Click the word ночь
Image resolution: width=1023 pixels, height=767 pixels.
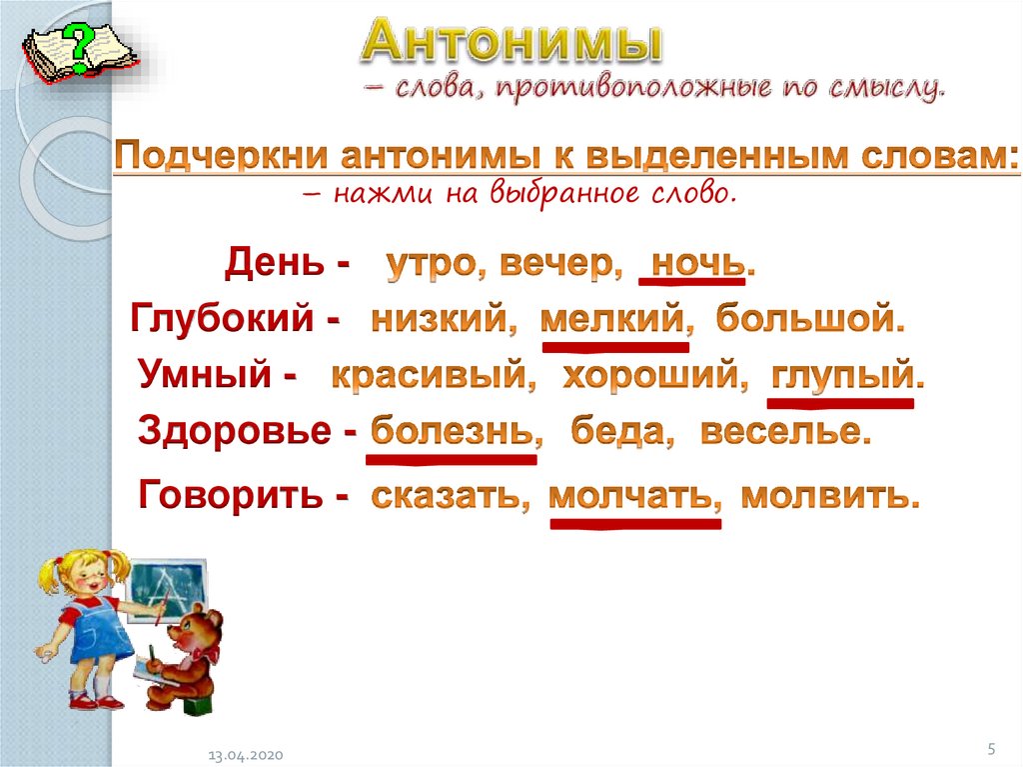[x=698, y=263]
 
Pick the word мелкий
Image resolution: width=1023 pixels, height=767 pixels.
[x=611, y=319]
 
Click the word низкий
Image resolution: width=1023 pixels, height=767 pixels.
[x=440, y=319]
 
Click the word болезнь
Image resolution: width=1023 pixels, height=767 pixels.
[x=452, y=431]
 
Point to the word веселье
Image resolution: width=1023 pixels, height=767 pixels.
[x=780, y=431]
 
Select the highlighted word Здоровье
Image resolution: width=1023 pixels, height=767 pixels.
[x=234, y=431]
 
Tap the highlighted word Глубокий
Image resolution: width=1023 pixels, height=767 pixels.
[x=222, y=319]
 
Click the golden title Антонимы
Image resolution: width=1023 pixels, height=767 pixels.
[x=512, y=41]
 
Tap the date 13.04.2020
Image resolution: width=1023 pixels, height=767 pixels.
[x=246, y=755]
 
